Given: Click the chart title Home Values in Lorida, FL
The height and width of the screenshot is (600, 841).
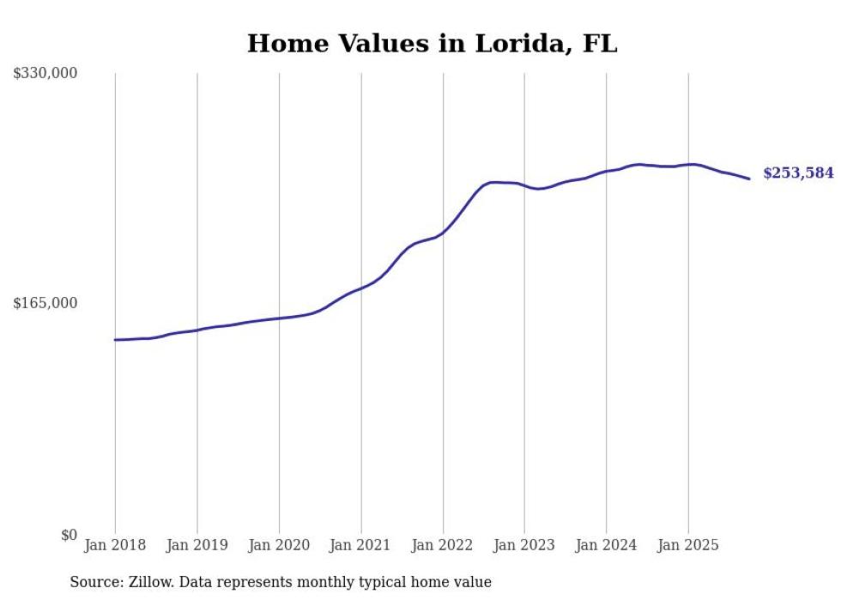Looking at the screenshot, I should pos(432,43).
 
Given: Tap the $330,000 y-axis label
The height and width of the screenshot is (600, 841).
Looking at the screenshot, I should pos(45,74).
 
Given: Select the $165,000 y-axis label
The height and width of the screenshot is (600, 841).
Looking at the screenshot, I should pos(45,303).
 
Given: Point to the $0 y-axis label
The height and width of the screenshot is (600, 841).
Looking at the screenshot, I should pos(69,535).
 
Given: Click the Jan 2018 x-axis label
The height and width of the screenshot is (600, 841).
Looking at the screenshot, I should pos(115,545).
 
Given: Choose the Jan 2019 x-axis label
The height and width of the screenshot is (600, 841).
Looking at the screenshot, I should pos(197,545).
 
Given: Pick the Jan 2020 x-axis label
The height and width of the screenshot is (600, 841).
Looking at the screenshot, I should pos(279,545).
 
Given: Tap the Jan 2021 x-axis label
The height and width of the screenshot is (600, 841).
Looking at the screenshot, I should pos(360,545).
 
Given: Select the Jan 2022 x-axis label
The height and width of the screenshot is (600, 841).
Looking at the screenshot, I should pos(443,545).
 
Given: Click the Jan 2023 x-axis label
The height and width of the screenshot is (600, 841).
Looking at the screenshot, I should pos(524,545).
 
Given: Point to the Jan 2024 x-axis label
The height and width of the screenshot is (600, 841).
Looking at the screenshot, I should pos(607,545).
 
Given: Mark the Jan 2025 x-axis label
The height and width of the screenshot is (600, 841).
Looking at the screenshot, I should pos(688,545).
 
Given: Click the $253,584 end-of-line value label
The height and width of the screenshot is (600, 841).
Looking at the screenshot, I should pos(798,173).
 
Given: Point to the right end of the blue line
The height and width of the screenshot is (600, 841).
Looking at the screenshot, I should pos(749,179).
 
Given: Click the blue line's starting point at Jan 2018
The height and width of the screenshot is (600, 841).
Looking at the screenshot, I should pos(115,340).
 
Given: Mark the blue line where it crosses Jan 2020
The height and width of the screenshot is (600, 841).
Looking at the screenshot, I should pos(279,318).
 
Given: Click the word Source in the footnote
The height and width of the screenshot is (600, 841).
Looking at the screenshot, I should pos(94,582).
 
